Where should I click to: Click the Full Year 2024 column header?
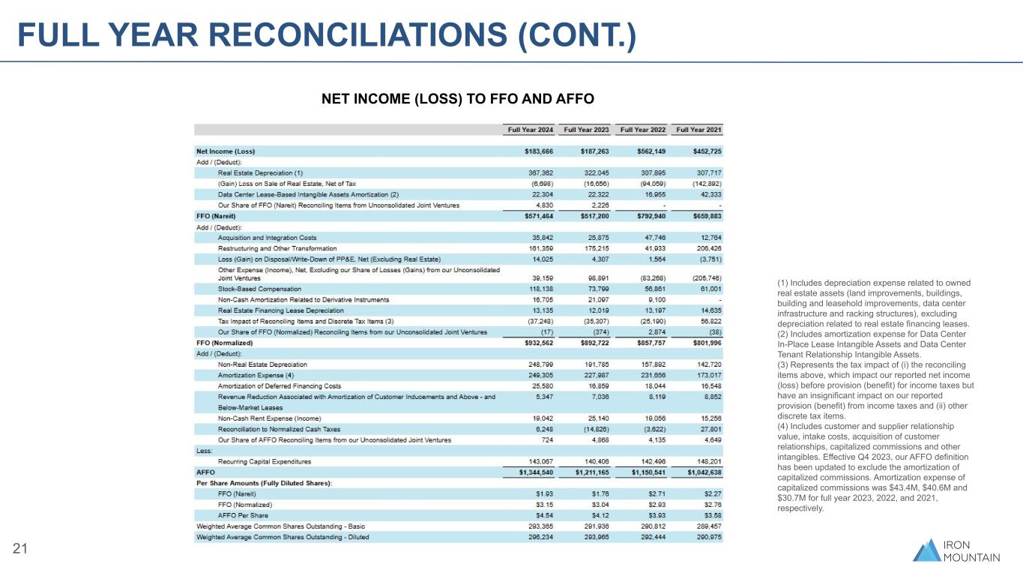[531, 130]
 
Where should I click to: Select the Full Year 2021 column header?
[698, 130]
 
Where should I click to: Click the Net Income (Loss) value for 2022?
[644, 151]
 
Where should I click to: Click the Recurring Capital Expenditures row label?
[265, 461]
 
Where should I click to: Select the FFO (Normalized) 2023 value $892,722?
[587, 342]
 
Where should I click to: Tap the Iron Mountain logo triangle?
[928, 550]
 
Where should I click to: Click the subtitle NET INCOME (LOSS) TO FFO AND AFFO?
[457, 98]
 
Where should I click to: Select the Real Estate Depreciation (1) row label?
[261, 172]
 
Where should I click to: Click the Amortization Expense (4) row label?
[255, 375]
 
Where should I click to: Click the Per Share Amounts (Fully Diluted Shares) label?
[265, 484]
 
